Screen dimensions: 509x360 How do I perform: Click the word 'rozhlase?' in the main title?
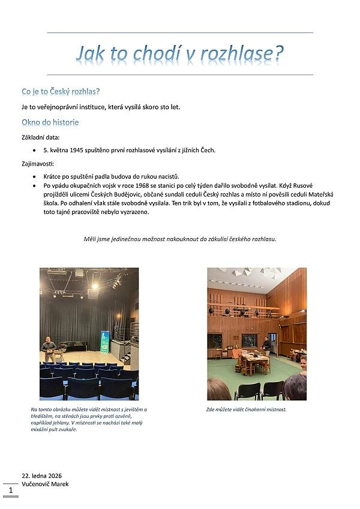[242, 54]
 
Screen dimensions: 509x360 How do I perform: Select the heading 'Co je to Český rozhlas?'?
[60, 92]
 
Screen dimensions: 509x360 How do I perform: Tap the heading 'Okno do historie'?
[50, 122]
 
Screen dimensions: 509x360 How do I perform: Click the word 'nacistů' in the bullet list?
[169, 176]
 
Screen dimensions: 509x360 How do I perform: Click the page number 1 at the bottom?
[10, 490]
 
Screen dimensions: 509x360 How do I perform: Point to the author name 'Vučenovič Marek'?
[45, 484]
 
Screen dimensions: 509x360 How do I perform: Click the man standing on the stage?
[49, 348]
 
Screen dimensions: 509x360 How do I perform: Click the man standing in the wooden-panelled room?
[266, 344]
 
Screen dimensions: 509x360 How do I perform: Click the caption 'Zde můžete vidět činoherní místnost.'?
[246, 409]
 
